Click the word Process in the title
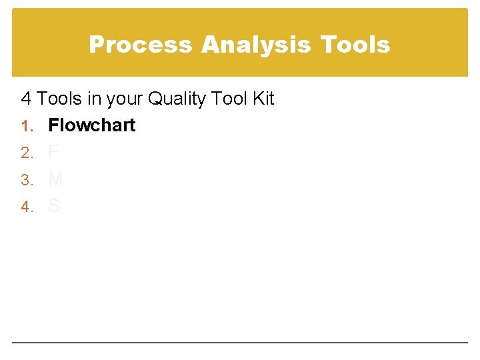click(141, 45)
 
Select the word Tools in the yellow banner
click(355, 45)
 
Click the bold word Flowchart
click(92, 125)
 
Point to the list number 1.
click(26, 126)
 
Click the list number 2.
click(26, 153)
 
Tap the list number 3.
click(26, 180)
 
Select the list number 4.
click(26, 207)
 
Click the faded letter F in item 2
click(53, 153)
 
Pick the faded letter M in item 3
click(56, 179)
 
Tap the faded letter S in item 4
click(54, 207)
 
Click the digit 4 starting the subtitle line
click(27, 99)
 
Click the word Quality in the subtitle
click(177, 99)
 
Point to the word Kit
click(263, 99)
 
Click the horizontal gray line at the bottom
click(240, 343)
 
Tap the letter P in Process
click(96, 45)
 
